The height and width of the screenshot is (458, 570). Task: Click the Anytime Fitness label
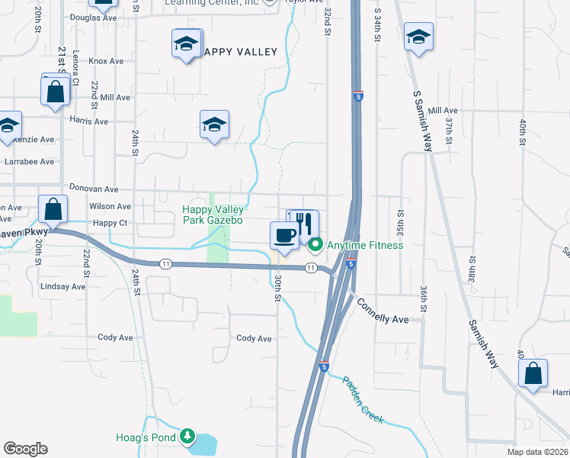(364, 245)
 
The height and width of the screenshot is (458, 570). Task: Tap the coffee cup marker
(284, 236)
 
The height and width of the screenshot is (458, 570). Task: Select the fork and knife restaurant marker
(304, 223)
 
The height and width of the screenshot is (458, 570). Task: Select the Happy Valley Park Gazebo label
(213, 214)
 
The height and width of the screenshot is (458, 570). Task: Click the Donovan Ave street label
(94, 189)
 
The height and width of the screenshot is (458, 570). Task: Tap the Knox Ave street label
(106, 60)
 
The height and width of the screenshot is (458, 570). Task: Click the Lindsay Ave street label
(63, 286)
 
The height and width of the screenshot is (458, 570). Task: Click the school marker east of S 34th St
(418, 37)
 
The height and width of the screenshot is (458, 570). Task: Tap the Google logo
(25, 449)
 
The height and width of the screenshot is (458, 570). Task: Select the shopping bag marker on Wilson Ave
(53, 208)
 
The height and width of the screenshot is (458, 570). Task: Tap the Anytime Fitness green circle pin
(315, 245)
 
